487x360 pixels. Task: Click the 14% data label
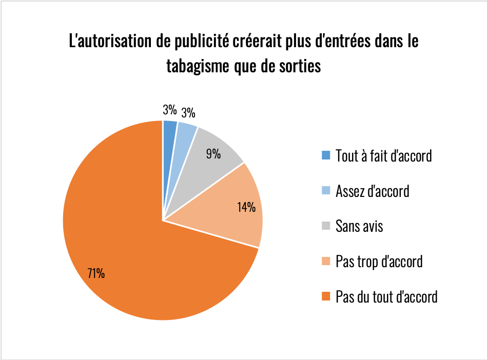point(246,207)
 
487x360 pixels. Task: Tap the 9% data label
point(213,153)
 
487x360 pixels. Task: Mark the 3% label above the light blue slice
point(188,113)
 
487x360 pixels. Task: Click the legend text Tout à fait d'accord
point(383,155)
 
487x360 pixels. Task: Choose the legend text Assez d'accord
point(372,191)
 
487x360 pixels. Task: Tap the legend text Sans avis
point(359,226)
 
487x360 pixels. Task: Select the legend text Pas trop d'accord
point(379,262)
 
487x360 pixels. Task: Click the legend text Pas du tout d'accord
point(386,296)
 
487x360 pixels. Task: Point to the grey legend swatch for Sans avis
point(325,226)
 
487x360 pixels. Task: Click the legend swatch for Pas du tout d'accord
point(325,296)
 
